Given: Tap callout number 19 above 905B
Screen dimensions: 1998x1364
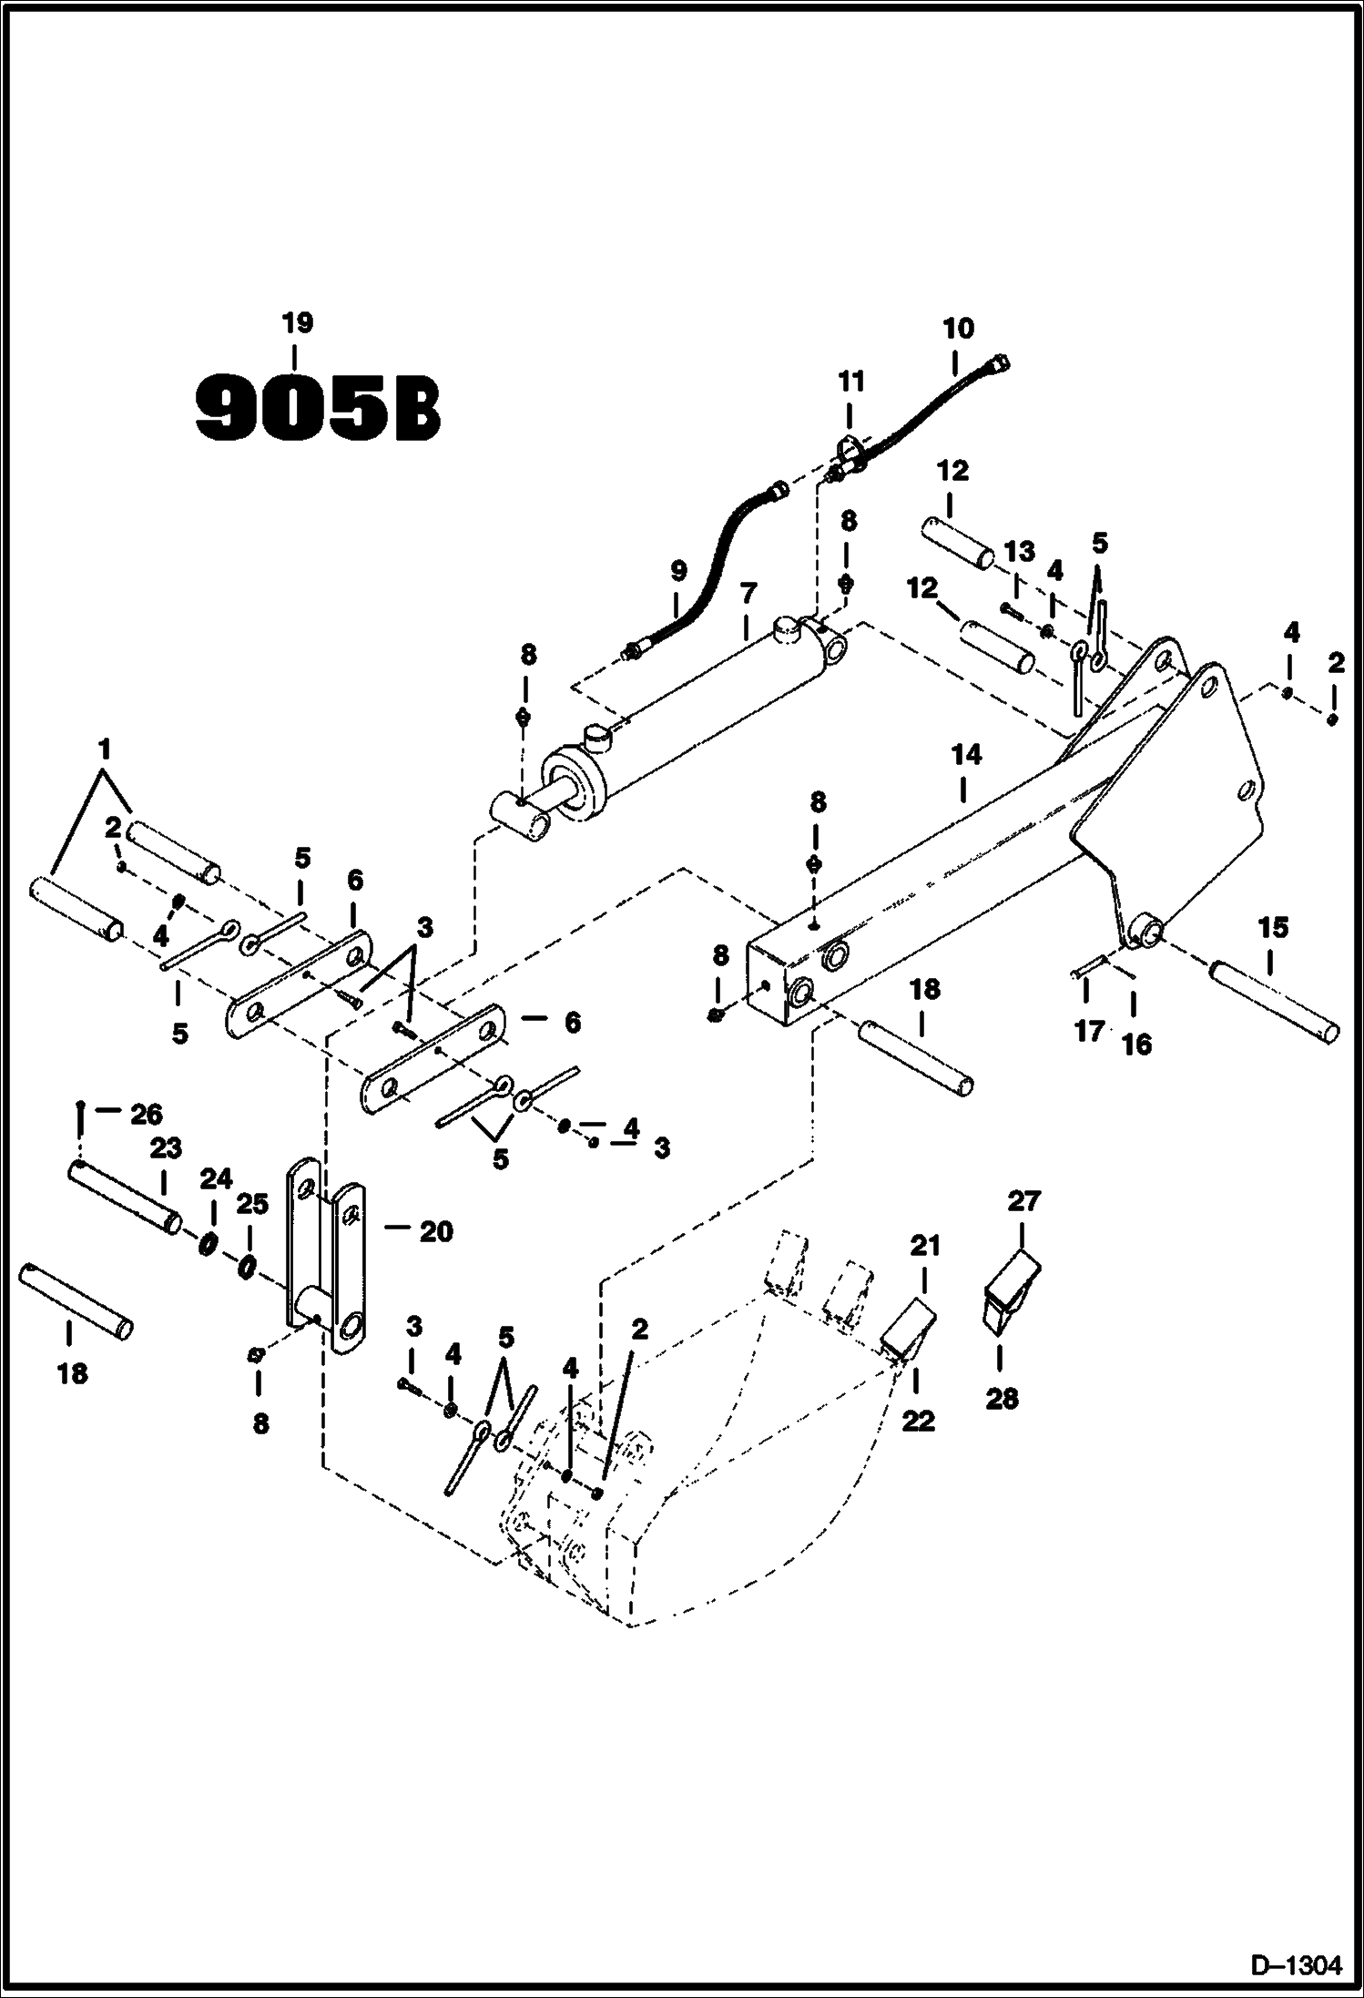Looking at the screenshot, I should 298,323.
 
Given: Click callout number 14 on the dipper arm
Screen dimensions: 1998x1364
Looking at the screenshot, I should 966,754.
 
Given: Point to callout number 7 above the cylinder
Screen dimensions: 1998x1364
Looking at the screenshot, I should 747,596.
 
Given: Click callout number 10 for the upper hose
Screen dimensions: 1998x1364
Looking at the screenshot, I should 958,328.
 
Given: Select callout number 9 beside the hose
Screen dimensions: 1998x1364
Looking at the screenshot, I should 677,573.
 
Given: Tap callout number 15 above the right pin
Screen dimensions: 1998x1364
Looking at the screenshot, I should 1272,928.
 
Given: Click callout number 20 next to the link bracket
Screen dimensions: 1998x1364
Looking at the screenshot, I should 436,1232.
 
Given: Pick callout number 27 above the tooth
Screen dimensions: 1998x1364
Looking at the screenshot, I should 1023,1201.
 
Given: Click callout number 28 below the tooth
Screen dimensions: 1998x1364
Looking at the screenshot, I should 1002,1398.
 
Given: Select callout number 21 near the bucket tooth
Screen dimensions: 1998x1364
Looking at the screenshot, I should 925,1245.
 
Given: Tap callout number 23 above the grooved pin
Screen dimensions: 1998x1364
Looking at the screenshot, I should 166,1148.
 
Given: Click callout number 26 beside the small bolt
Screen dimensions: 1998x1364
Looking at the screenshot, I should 147,1114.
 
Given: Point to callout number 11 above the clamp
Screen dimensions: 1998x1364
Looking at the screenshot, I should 851,381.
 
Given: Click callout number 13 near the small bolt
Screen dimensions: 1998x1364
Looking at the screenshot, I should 1020,551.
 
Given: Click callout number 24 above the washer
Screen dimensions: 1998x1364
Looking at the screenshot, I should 216,1179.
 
